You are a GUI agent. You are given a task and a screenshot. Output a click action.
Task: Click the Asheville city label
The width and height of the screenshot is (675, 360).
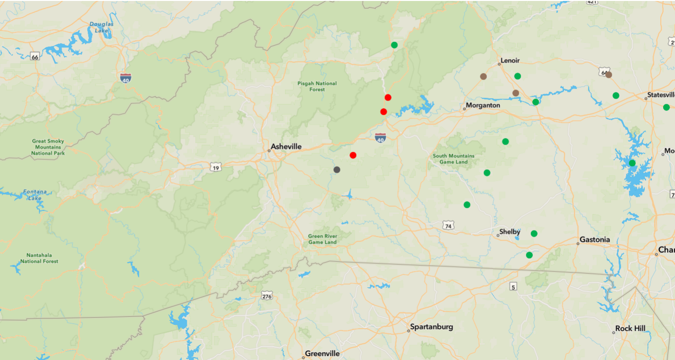[286, 147]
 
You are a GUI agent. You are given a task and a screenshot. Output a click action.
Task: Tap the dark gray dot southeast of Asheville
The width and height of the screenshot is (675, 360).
[337, 170]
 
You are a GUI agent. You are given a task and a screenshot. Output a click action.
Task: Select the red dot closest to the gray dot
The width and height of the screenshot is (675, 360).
[353, 155]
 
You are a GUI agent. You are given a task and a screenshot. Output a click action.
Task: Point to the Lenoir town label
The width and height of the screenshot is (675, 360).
[510, 61]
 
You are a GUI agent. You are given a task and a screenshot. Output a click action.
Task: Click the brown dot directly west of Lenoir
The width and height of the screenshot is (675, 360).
[483, 76]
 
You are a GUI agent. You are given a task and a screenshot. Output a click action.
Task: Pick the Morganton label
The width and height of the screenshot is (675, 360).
[483, 105]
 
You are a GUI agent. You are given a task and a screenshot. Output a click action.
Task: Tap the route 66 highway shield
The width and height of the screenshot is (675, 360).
[35, 57]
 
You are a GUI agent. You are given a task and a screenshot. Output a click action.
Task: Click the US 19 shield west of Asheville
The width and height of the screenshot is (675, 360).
[216, 167]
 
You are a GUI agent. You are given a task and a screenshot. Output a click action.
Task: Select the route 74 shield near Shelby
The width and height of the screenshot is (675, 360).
[448, 226]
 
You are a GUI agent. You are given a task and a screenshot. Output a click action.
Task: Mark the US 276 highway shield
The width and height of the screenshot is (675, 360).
[267, 296]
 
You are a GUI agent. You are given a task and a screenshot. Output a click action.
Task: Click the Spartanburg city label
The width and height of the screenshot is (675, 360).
[431, 327]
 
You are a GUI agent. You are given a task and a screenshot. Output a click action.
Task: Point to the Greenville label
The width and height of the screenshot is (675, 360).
[322, 354]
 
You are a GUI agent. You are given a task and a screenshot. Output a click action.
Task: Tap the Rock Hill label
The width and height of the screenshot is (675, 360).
[630, 328]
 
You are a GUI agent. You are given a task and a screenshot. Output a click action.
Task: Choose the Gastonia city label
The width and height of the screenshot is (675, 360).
[594, 240]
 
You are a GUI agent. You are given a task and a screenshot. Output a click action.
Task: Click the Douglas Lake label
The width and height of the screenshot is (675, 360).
[101, 28]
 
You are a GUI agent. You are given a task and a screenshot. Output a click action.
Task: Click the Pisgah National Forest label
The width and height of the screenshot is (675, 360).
[317, 86]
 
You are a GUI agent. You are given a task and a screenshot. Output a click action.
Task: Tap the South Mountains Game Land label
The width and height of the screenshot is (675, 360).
[454, 159]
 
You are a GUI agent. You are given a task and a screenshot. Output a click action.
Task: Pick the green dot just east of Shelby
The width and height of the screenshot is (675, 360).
[534, 233]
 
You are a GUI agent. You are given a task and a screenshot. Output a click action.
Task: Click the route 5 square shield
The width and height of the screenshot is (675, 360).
[513, 286]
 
